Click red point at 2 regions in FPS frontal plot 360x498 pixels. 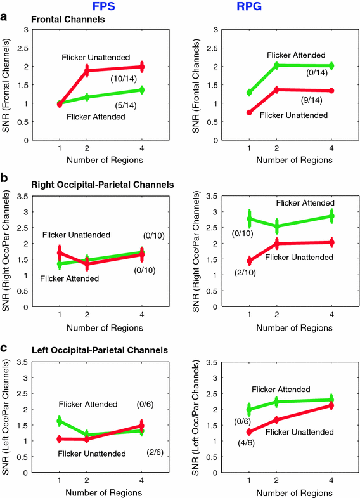(x=87, y=71)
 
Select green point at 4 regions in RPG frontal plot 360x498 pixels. (x=331, y=65)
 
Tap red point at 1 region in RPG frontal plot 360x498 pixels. (x=249, y=112)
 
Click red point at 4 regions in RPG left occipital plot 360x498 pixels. (x=331, y=405)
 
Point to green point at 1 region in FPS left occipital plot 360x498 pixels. (x=60, y=421)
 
